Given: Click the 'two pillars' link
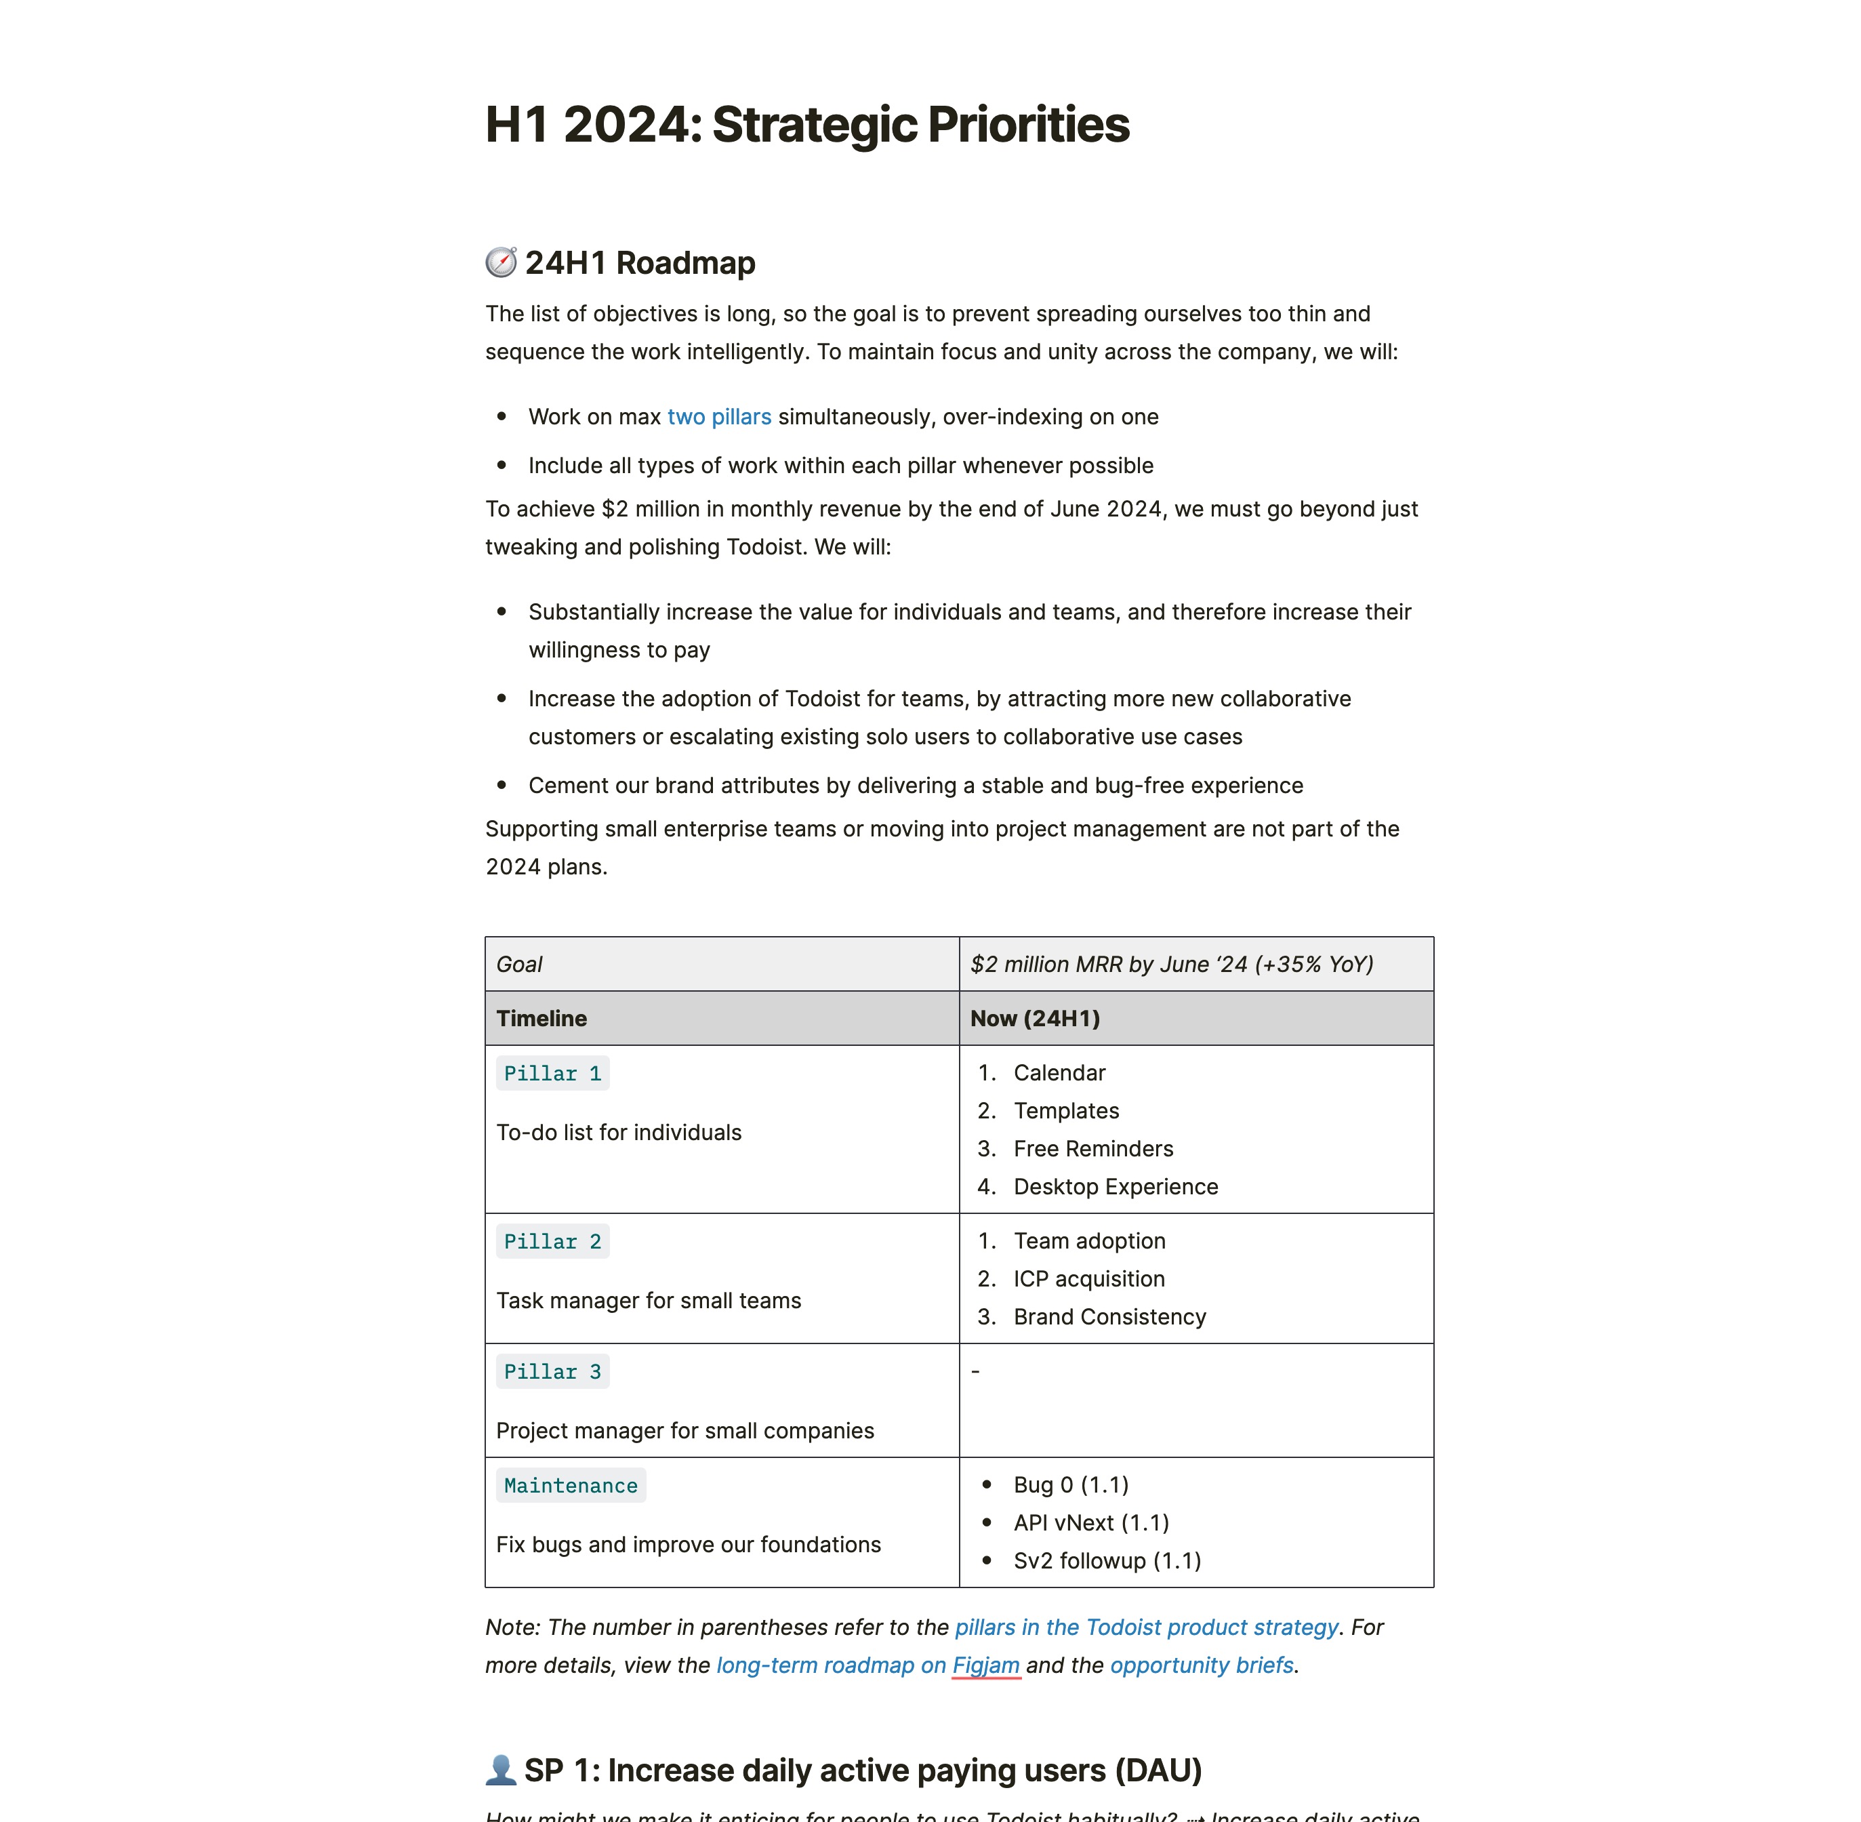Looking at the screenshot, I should pyautogui.click(x=718, y=418).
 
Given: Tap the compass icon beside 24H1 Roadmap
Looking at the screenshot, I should pyautogui.click(x=500, y=262).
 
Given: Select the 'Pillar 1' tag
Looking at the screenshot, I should pyautogui.click(x=552, y=1074).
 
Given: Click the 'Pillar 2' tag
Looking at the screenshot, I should pyautogui.click(x=552, y=1242).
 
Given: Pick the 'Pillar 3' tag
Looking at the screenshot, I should pyautogui.click(x=552, y=1372).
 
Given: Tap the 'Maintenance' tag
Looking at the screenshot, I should pyautogui.click(x=570, y=1486).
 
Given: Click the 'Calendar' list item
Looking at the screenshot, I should pyautogui.click(x=1059, y=1073).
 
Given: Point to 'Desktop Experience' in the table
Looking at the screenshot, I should pyautogui.click(x=1116, y=1187).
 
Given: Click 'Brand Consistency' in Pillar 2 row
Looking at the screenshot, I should pyautogui.click(x=1109, y=1317).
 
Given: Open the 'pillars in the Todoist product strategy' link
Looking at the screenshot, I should pyautogui.click(x=1146, y=1627).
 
